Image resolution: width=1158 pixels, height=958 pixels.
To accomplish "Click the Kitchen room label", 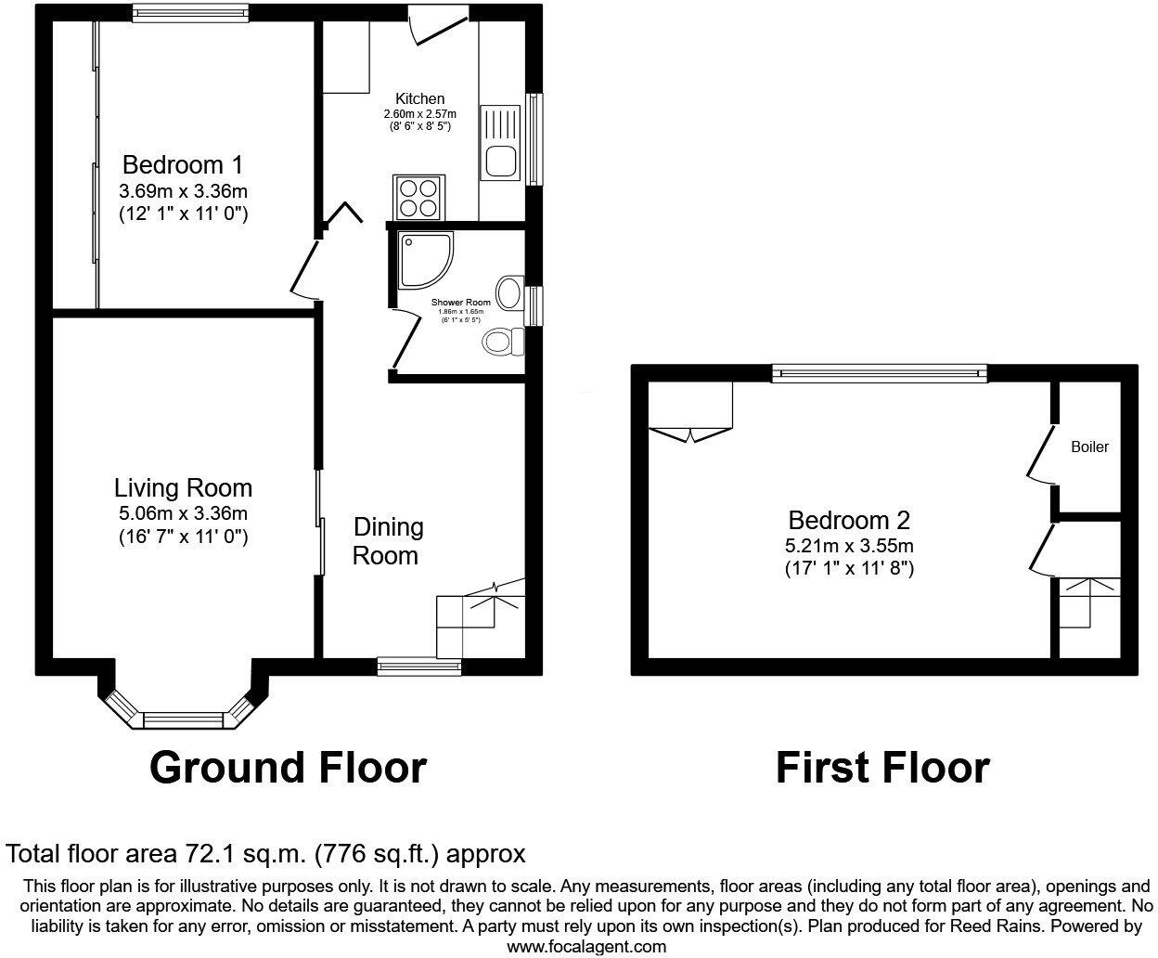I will tap(420, 98).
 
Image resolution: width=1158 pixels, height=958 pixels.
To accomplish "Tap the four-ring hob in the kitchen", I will tap(417, 197).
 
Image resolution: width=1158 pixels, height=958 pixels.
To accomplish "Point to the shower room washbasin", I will tap(508, 292).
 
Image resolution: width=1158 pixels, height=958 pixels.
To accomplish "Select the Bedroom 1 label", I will tap(183, 165).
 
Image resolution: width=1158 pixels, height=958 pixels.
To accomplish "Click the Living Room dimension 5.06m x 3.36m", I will tap(183, 512).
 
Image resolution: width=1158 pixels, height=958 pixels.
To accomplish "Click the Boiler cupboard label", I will tap(1089, 447).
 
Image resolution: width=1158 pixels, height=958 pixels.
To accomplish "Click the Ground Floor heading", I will tap(288, 768).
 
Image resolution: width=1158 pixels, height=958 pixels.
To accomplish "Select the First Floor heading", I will tap(881, 768).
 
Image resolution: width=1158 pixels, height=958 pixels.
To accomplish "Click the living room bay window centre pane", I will tap(183, 718).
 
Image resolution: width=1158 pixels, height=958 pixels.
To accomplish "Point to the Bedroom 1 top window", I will tap(189, 12).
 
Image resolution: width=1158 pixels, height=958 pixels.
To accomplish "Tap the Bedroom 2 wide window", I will tap(880, 373).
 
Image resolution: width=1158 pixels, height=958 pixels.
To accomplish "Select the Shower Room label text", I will tap(460, 303).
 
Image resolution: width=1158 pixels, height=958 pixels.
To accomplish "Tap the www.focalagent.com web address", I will tap(586, 947).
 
